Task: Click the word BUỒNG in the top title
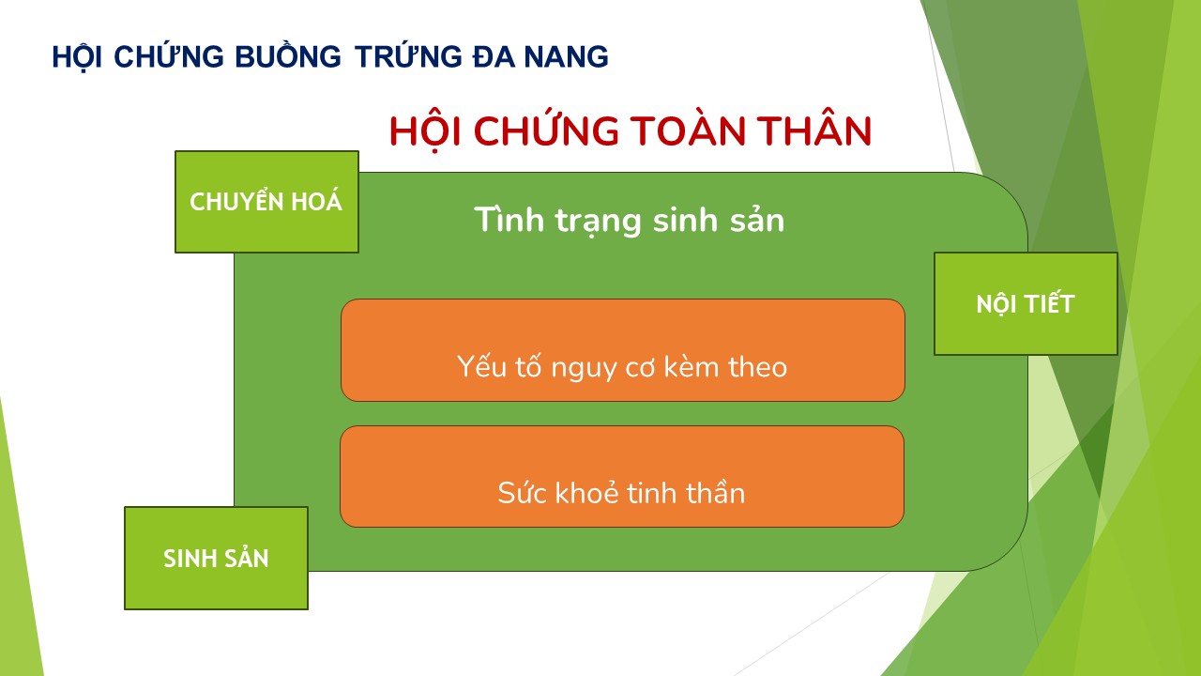(x=288, y=56)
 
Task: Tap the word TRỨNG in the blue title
(x=408, y=55)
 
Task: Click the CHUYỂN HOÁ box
(x=267, y=202)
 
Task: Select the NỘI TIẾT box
(x=1026, y=303)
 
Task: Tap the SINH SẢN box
(x=216, y=558)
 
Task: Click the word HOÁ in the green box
(x=316, y=201)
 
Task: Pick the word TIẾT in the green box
(x=1050, y=302)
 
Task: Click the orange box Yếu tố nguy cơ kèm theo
(x=623, y=350)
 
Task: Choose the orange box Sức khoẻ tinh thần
(x=622, y=476)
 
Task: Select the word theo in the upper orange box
(x=757, y=367)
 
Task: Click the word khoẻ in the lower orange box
(x=587, y=492)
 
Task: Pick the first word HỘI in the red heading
(x=425, y=131)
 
